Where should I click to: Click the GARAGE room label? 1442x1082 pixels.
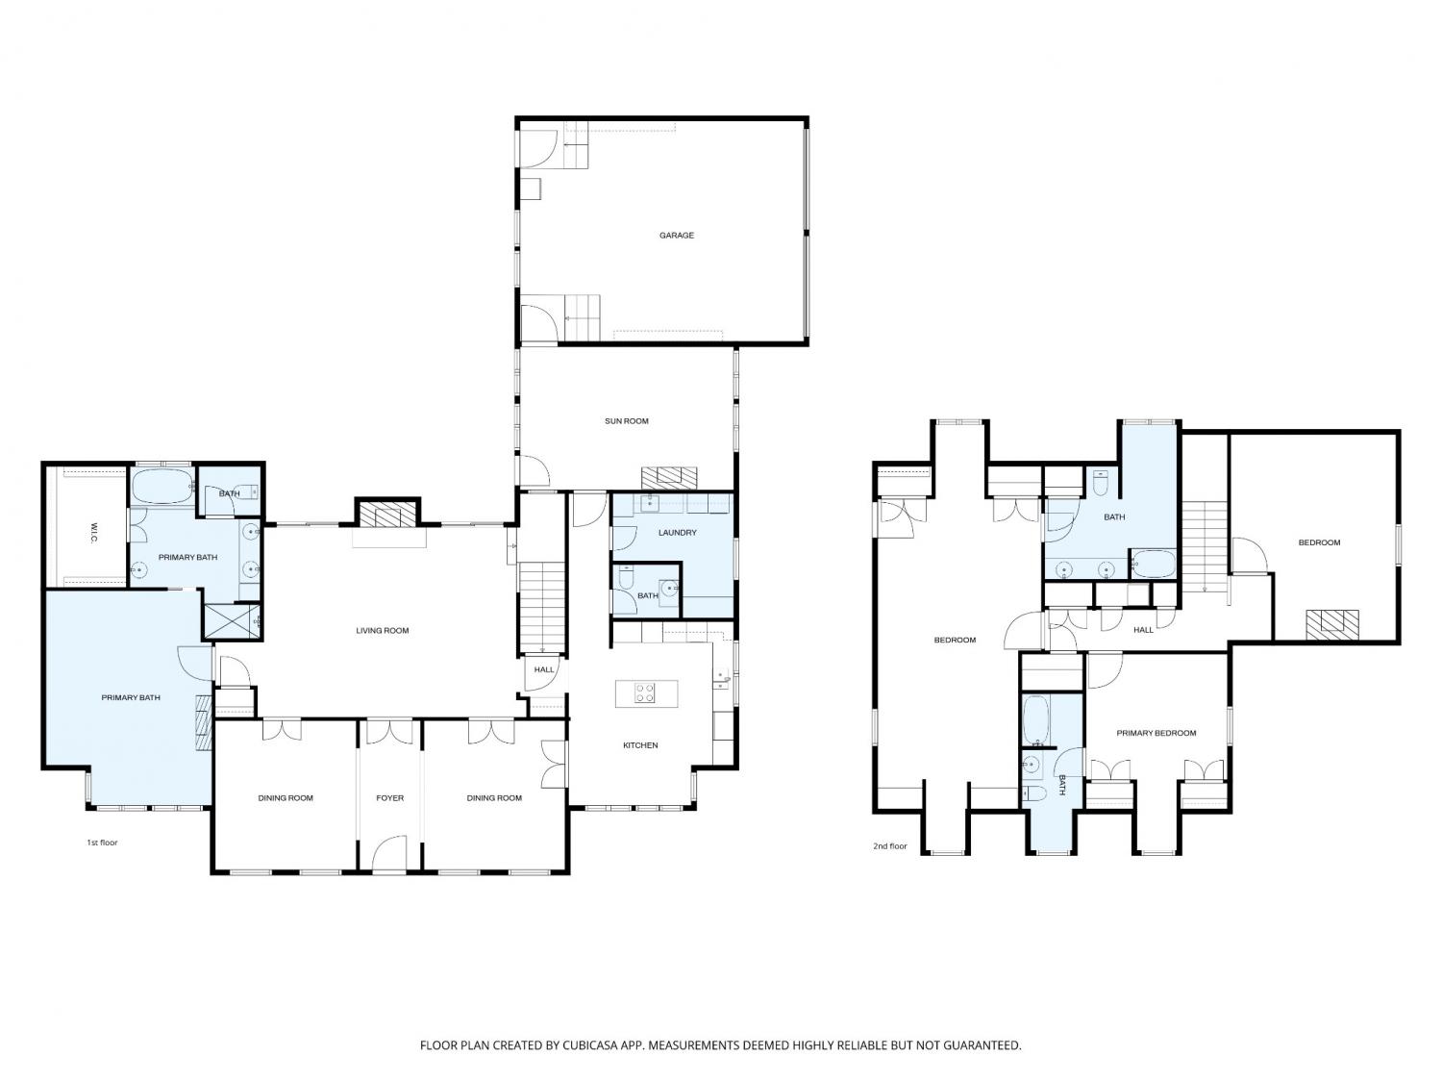point(676,236)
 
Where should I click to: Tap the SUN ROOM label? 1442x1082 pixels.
point(626,421)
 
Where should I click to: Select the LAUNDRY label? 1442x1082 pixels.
point(677,533)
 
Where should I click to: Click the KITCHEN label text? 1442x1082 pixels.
point(640,745)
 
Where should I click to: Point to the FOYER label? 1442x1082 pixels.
point(389,797)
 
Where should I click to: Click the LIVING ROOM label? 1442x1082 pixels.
point(382,631)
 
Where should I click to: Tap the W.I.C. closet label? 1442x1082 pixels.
point(93,533)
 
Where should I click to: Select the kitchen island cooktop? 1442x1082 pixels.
point(644,693)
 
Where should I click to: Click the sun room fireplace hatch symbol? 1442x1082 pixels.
point(669,477)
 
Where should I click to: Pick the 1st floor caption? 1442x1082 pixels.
point(102,843)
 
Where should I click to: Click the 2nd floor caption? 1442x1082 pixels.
point(889,846)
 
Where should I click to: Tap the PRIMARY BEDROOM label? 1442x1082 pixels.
point(1156,733)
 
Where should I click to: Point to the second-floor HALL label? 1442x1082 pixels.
point(1143,630)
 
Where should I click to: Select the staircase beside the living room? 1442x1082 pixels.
point(541,608)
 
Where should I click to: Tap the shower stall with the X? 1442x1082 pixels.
point(232,620)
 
